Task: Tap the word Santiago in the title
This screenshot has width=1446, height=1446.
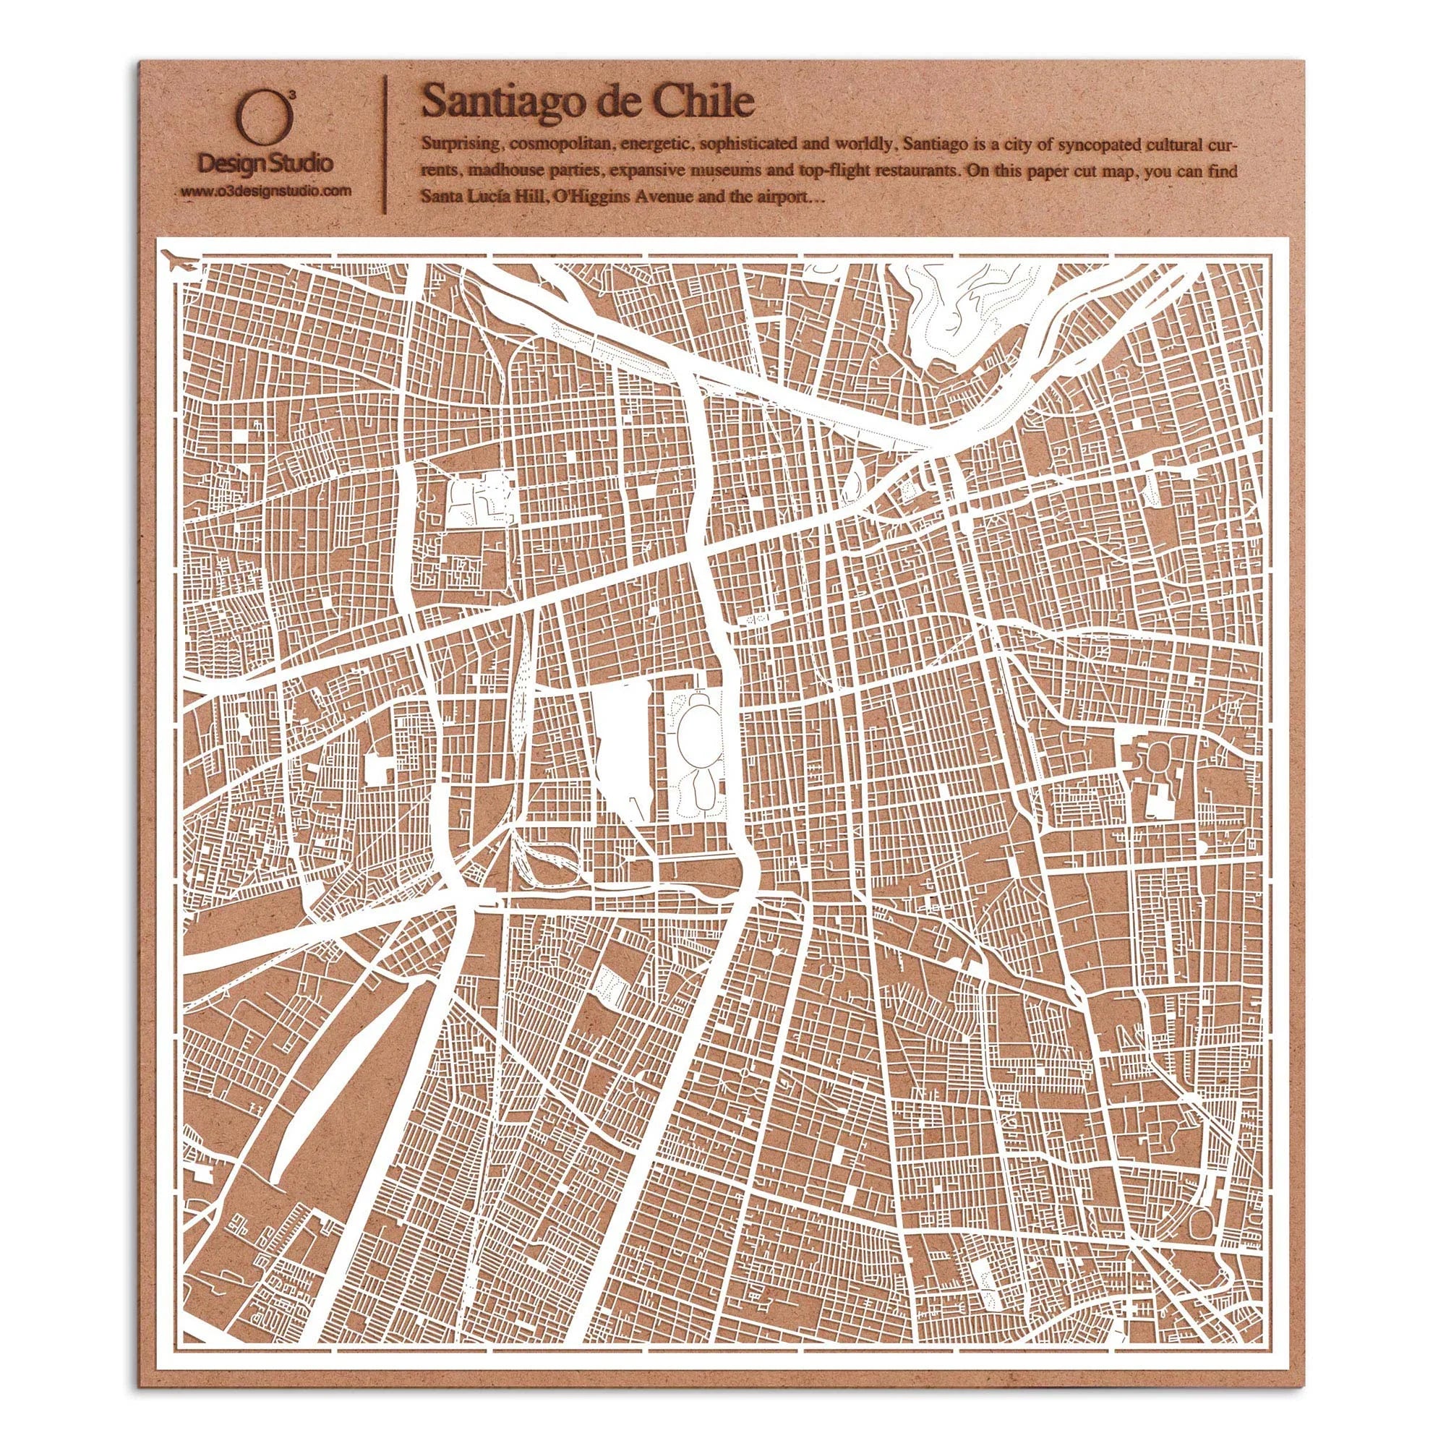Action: (497, 102)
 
